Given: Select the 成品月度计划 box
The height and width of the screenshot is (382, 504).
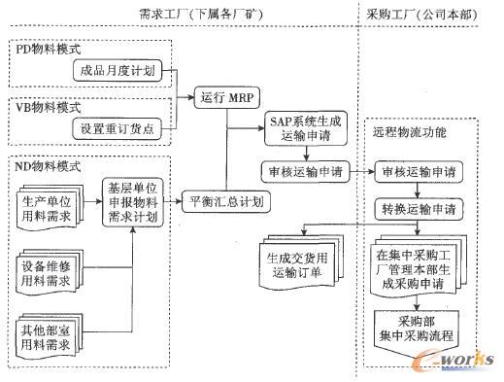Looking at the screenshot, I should point(120,71).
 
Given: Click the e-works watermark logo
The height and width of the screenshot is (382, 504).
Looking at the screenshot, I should point(453,361).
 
